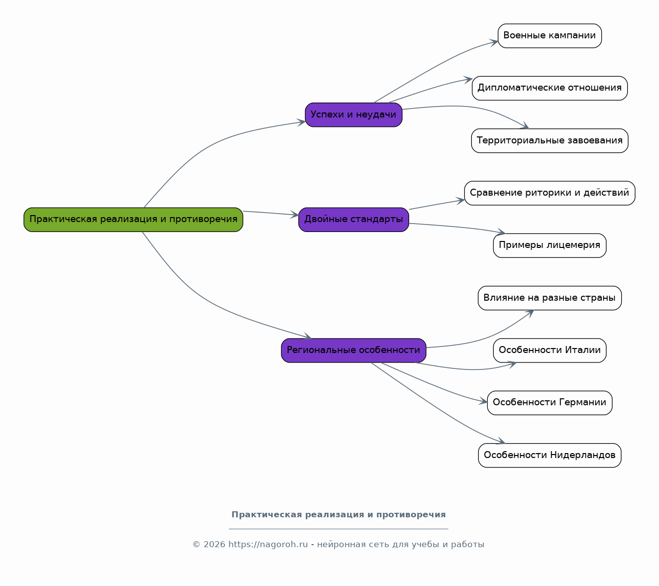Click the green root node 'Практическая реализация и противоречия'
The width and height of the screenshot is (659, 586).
point(133,220)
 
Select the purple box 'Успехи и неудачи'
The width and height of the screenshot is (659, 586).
point(353,115)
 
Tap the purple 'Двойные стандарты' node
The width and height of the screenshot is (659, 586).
point(353,220)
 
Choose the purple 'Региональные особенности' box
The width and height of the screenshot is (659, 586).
point(353,351)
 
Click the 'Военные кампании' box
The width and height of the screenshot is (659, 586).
point(549,36)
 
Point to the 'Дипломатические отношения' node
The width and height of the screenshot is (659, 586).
point(549,88)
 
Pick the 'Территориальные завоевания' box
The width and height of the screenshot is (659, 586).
point(549,140)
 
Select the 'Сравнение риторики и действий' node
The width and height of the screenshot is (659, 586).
point(549,193)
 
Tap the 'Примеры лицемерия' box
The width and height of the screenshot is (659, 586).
point(549,245)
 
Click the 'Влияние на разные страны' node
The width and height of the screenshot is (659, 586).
point(549,298)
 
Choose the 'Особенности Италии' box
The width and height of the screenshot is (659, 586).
point(549,351)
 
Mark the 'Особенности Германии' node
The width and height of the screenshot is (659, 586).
point(549,403)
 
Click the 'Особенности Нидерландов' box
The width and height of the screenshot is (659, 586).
point(549,455)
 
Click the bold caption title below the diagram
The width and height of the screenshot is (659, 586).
point(338,515)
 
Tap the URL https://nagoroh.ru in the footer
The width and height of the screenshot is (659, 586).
point(268,544)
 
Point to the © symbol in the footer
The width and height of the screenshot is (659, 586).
point(196,545)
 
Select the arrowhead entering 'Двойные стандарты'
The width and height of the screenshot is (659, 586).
point(295,215)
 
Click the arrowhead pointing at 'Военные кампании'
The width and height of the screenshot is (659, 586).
point(494,42)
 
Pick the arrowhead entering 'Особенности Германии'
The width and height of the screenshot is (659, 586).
point(483,401)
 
